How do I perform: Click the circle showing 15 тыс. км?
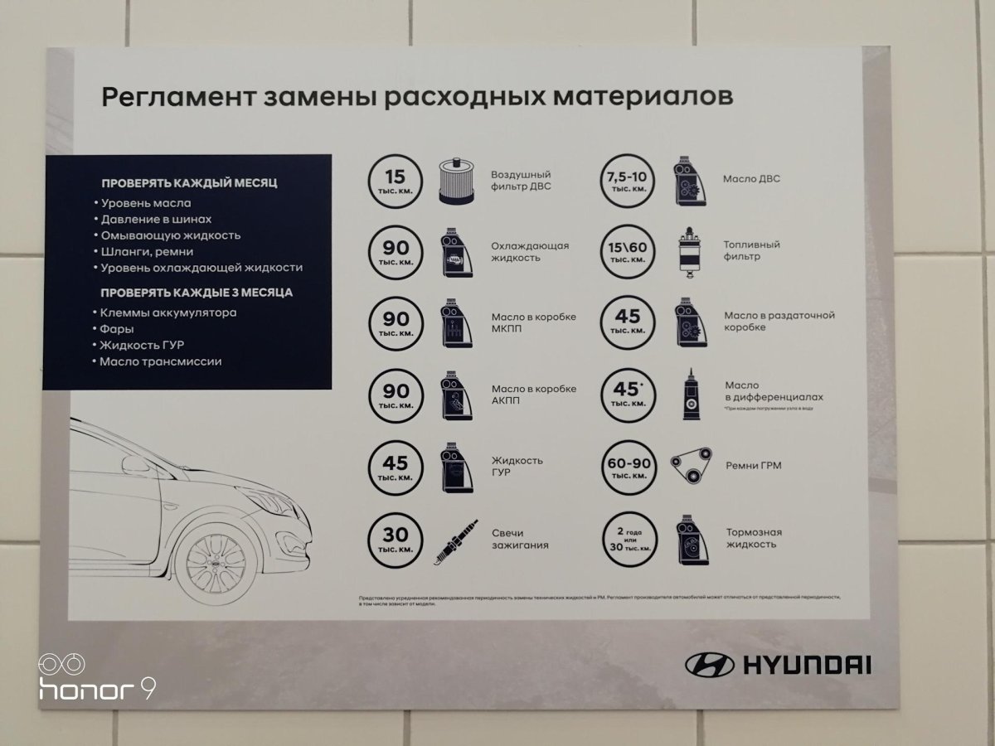395,181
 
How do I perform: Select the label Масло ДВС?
750,178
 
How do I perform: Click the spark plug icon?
454,544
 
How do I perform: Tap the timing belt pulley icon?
690,466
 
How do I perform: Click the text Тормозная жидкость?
753,538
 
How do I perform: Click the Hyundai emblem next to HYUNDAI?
710,664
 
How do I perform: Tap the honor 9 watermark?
97,680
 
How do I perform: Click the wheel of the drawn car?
215,564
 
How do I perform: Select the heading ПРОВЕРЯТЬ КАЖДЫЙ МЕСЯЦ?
189,182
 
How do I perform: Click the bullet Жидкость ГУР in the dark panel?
141,345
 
